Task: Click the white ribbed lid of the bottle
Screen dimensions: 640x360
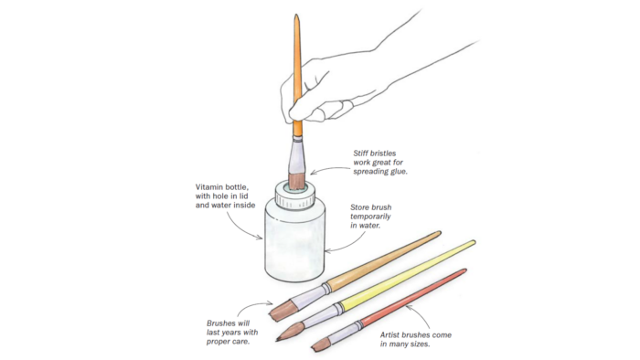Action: click(x=294, y=195)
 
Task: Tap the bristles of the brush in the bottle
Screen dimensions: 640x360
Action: click(x=297, y=180)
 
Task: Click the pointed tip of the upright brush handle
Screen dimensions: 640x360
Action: click(x=297, y=16)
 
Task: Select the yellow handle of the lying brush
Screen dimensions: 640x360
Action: click(x=407, y=273)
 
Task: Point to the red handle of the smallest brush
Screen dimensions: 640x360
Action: click(x=413, y=297)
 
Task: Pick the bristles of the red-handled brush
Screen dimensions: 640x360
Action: click(x=320, y=344)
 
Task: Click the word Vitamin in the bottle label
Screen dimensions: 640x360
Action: click(x=209, y=187)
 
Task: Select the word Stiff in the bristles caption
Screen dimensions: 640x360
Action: click(x=360, y=154)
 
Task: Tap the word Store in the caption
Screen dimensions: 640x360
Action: click(x=359, y=207)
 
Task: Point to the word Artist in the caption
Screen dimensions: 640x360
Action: click(x=390, y=335)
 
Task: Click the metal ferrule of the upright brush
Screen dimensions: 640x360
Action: click(x=297, y=154)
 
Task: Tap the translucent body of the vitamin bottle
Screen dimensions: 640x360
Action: click(x=294, y=241)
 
